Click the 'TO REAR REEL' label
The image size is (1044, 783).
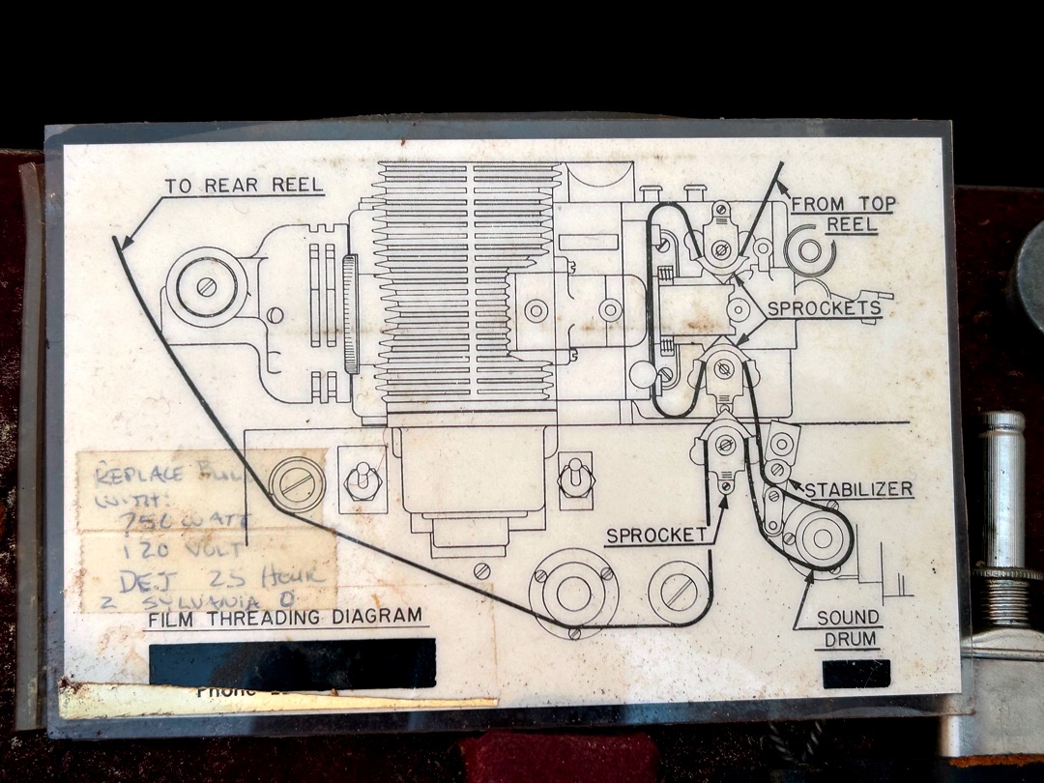pos(244,186)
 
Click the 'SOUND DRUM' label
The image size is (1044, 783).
pos(848,627)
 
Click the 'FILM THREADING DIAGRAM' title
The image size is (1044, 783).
pos(284,616)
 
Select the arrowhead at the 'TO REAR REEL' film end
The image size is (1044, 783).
pos(120,244)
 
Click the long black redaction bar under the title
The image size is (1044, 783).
pos(292,663)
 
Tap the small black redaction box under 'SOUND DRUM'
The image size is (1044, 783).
pos(855,673)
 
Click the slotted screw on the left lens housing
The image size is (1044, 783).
pos(204,287)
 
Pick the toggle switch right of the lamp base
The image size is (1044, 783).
pos(575,478)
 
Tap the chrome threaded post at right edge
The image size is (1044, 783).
pos(1002,522)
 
